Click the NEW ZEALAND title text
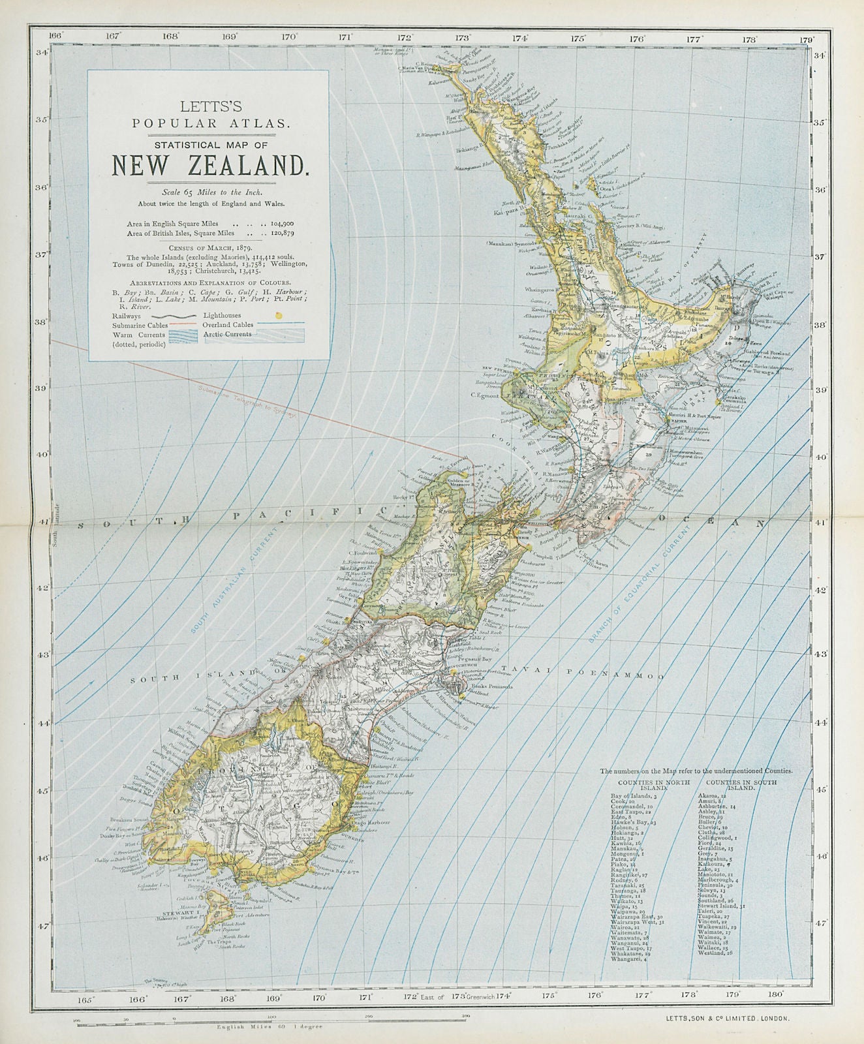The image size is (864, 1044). coord(208,164)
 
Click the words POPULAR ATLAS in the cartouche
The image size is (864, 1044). coord(208,122)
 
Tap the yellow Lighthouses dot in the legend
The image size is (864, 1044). coord(280,314)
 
